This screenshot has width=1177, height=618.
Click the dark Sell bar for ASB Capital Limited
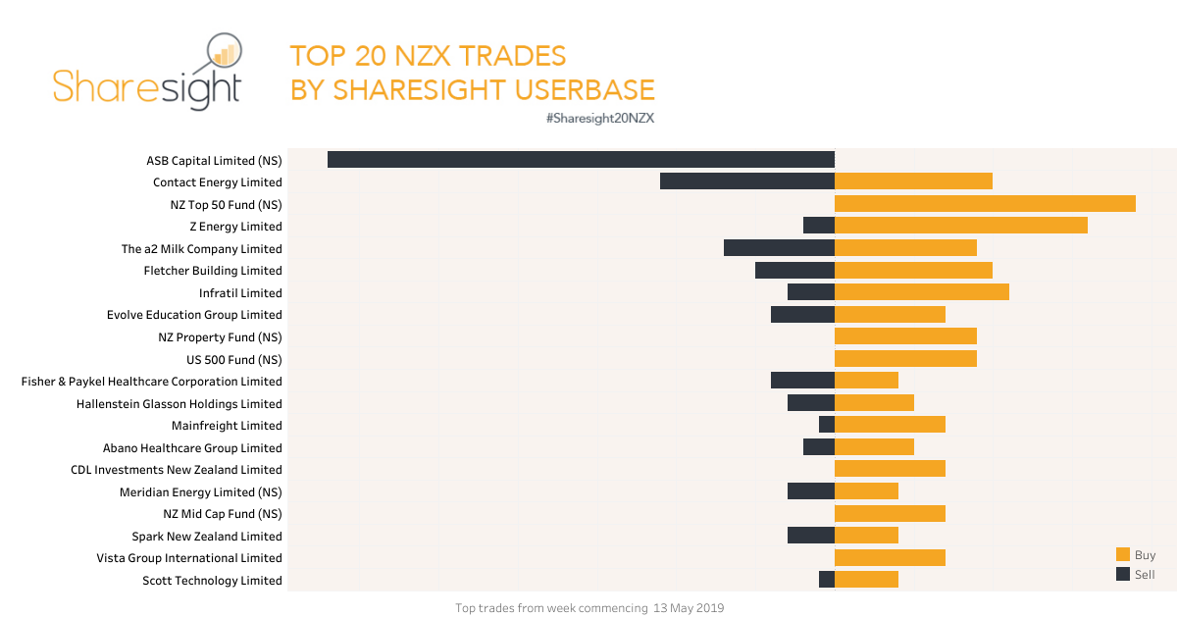click(581, 159)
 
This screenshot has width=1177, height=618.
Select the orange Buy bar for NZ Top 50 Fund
click(985, 203)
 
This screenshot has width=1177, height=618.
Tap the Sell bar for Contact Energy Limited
click(746, 180)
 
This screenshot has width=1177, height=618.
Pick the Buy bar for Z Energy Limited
click(961, 226)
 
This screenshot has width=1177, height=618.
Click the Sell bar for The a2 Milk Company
click(779, 247)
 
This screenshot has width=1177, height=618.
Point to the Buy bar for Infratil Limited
click(922, 291)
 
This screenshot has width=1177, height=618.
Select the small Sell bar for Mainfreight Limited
click(827, 424)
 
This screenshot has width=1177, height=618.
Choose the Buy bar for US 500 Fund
click(905, 358)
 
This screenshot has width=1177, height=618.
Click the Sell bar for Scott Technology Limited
click(827, 579)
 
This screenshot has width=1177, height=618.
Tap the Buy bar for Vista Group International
click(890, 557)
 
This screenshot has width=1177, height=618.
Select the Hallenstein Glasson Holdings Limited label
click(179, 404)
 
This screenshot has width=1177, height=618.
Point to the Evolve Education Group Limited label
click(194, 315)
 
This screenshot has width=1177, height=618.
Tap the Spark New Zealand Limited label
click(207, 537)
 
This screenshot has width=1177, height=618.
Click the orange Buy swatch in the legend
click(1123, 554)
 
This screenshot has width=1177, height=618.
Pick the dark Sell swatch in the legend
click(1123, 574)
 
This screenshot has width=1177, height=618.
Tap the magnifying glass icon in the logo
click(224, 57)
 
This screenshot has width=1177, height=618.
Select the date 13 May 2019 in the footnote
click(688, 608)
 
